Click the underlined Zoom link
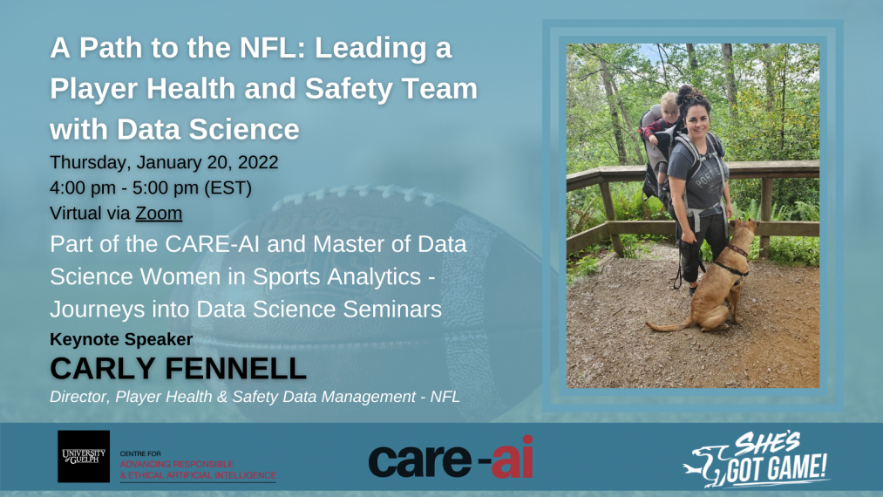pyautogui.click(x=159, y=214)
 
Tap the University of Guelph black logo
pyautogui.click(x=84, y=456)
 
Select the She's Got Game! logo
pyautogui.click(x=756, y=460)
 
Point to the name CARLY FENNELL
pyautogui.click(x=178, y=369)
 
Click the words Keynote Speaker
pyautogui.click(x=121, y=339)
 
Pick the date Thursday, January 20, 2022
pyautogui.click(x=164, y=162)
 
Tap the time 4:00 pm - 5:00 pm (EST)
pyautogui.click(x=150, y=187)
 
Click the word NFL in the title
pyautogui.click(x=268, y=48)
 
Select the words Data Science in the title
pyautogui.click(x=208, y=130)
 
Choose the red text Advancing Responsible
pyautogui.click(x=176, y=464)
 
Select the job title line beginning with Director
pyautogui.click(x=255, y=397)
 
